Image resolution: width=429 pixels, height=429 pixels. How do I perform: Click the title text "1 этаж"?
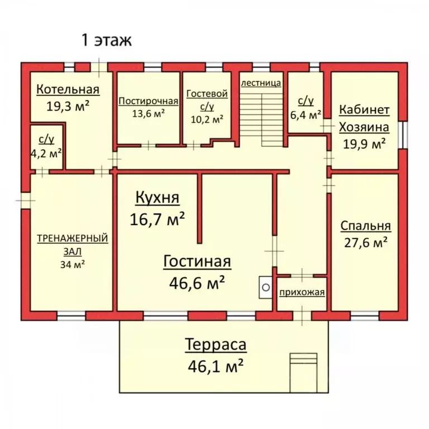107,40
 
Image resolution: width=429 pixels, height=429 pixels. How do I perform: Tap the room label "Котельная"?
68,89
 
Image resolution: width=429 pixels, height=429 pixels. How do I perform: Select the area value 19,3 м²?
68,106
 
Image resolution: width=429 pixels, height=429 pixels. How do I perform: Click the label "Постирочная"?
148,101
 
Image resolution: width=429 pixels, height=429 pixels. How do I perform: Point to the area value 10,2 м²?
207,119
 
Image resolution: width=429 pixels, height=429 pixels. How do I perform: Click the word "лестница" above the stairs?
261,83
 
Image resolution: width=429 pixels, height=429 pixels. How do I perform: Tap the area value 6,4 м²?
306,115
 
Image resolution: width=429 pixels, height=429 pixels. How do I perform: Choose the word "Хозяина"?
364,127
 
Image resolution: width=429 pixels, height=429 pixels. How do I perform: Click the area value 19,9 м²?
364,144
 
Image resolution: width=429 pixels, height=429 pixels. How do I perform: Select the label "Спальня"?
365,226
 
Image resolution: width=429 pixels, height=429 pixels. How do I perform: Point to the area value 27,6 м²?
365,242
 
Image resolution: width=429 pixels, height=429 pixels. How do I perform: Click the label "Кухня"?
158,198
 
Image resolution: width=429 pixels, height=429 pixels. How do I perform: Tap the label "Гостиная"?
197,261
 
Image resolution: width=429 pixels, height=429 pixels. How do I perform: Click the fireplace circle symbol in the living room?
266,287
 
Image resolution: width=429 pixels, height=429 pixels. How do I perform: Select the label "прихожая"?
302,292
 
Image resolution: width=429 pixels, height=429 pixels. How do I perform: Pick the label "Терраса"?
216,344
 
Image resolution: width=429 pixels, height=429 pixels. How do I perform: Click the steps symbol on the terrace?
303,373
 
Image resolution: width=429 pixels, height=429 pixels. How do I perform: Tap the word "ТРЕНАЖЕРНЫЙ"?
73,239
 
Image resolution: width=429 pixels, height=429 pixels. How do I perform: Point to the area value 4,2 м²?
46,154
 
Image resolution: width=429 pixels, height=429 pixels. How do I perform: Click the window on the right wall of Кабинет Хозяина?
403,135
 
